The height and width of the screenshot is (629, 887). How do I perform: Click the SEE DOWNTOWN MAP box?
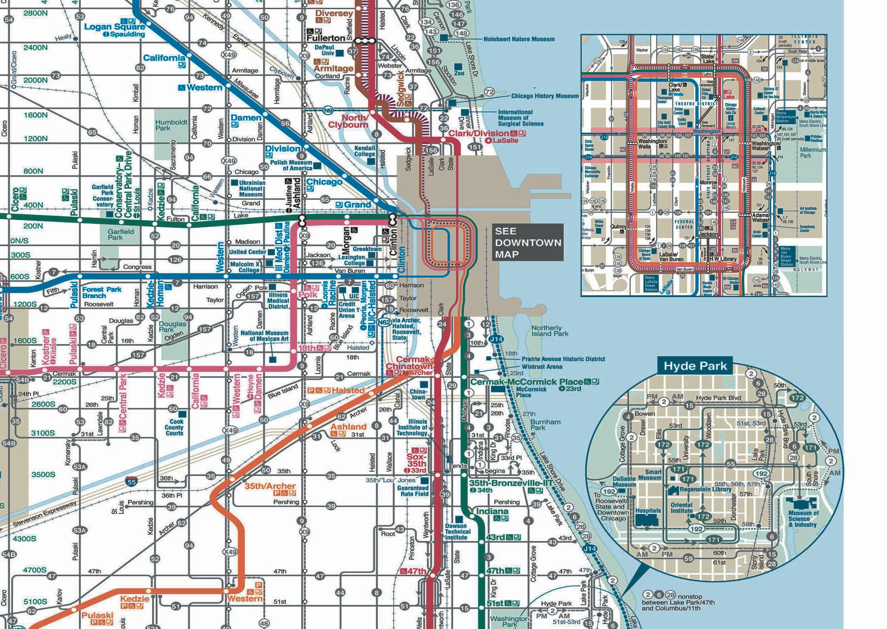tap(528, 242)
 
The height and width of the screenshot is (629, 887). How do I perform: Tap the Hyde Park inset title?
tap(695, 366)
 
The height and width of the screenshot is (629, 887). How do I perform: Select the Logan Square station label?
tap(114, 27)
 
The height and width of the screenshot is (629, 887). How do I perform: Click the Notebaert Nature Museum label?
tap(519, 39)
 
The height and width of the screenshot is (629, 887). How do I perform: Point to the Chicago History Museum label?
tap(544, 96)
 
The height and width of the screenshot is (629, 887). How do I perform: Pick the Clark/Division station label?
tap(478, 133)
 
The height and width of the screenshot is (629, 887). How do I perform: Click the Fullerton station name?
tap(325, 38)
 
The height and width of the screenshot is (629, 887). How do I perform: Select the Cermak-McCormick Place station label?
tap(526, 382)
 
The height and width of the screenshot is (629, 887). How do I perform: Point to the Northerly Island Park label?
tap(550, 330)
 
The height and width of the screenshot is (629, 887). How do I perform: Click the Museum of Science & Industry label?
tap(803, 519)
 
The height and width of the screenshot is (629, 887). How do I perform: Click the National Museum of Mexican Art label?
tap(264, 336)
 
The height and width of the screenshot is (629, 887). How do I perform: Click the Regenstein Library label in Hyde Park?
tap(705, 489)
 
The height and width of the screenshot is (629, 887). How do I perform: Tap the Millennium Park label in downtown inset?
tap(812, 152)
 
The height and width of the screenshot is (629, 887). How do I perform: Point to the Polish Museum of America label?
tap(291, 165)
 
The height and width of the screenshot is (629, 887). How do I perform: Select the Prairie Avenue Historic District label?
tap(563, 359)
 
